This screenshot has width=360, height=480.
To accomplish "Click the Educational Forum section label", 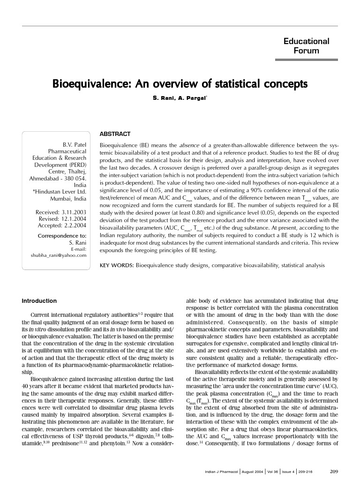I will [x=306, y=46].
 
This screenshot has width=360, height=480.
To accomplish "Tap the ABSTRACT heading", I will [x=115, y=135].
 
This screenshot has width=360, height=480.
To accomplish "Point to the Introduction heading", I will [x=39, y=301].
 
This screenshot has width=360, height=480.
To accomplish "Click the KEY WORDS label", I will [x=116, y=265].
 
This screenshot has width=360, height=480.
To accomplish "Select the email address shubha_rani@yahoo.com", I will [x=59, y=255].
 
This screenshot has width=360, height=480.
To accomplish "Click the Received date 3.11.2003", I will [x=70, y=212].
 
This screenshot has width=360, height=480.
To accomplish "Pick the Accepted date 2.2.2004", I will [x=70, y=225].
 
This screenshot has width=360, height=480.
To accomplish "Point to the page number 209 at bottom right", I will [x=334, y=471].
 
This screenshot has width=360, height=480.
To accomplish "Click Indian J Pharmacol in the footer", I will [x=222, y=472].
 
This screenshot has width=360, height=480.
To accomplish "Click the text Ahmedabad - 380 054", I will [x=58, y=179].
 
